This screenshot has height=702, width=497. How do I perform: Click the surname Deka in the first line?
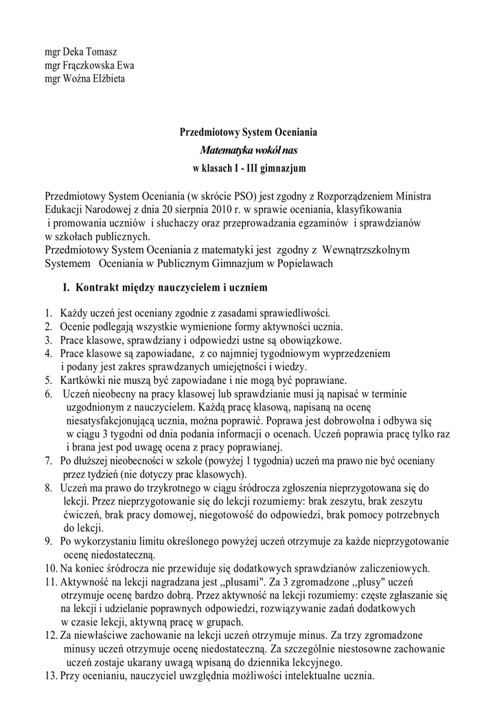[75, 52]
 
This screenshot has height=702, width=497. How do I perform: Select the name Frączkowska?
[91, 65]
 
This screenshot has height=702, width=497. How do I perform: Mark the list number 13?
[49, 676]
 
